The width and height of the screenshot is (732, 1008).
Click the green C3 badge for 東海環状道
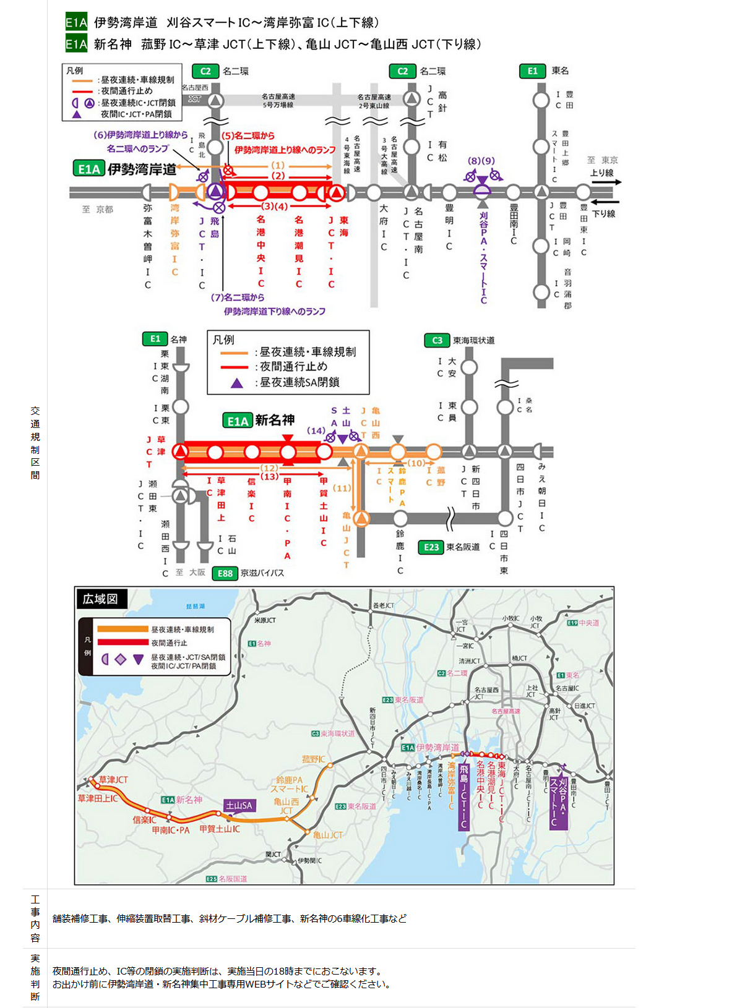click(x=437, y=340)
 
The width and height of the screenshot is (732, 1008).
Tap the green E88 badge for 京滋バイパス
click(x=225, y=573)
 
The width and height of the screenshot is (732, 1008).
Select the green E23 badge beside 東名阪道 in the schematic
click(x=431, y=547)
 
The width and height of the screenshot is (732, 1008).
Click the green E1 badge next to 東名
click(x=532, y=71)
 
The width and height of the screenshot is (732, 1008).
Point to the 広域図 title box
click(x=100, y=599)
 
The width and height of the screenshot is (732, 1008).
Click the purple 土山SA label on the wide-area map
click(x=239, y=805)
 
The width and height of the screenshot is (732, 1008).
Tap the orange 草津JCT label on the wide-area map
click(x=113, y=780)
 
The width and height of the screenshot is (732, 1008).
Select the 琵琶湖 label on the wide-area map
click(x=196, y=607)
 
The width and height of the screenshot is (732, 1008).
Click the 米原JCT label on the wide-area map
click(x=265, y=620)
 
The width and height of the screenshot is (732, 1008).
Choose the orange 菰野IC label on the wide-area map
click(x=313, y=759)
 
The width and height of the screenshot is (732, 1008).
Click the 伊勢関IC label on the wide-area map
click(x=309, y=860)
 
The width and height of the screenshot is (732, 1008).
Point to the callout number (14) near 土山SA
click(x=316, y=430)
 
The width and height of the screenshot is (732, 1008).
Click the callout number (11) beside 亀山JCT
click(x=342, y=488)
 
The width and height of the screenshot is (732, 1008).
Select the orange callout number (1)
click(x=278, y=165)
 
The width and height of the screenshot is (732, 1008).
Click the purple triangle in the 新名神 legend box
click(x=236, y=383)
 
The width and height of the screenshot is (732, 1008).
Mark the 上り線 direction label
click(x=601, y=173)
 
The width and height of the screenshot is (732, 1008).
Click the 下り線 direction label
click(x=603, y=213)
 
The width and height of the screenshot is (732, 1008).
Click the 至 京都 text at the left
click(x=98, y=210)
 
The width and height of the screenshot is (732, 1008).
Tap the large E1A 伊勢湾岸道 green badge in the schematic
click(x=89, y=169)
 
